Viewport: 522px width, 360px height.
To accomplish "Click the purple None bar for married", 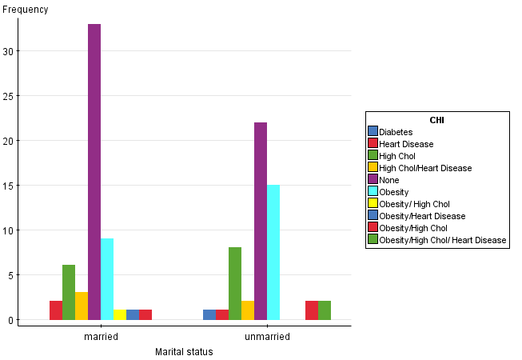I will (x=94, y=172).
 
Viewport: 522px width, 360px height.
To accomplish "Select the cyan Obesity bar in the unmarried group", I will (x=273, y=252).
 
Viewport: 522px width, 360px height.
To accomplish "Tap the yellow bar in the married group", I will (x=120, y=314).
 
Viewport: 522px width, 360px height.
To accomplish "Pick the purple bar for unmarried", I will (x=261, y=221).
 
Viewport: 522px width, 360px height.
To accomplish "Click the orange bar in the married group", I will (x=82, y=306).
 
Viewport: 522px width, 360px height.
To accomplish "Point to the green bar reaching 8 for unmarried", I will (x=235, y=283).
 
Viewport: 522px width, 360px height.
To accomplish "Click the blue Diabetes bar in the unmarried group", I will (x=209, y=314).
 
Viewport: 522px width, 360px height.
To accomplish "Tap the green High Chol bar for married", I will (x=69, y=292).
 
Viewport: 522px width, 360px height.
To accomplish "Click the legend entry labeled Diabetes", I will (x=396, y=132).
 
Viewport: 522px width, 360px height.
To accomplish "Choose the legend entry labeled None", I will (x=389, y=180).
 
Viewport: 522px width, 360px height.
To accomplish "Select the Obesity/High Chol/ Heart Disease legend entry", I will (x=442, y=240).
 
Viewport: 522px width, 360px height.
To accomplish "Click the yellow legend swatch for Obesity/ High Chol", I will (x=373, y=204).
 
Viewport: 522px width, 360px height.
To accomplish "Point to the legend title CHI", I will (x=437, y=120).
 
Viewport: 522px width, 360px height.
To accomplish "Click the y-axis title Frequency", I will (x=26, y=10).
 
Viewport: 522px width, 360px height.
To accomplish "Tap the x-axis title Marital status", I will (x=184, y=352).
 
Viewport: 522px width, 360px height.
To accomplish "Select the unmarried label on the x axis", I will (x=267, y=337).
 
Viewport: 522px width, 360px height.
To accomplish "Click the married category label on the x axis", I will (x=101, y=337).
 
